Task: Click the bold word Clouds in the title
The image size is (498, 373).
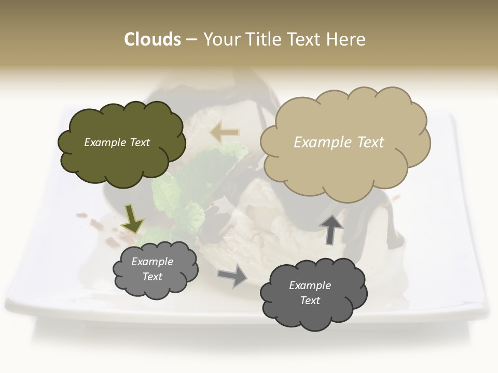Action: [153, 39]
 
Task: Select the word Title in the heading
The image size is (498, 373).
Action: [260, 39]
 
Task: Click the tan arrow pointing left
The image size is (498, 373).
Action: [225, 133]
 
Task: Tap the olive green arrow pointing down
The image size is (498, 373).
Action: [132, 218]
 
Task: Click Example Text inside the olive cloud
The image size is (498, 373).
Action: [117, 142]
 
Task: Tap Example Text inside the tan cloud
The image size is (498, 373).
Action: [339, 142]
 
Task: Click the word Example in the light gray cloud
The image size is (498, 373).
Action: [152, 262]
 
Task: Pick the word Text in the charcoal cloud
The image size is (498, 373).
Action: [310, 301]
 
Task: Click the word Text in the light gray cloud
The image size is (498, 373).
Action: [152, 277]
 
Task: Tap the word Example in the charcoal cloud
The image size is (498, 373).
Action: [310, 286]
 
